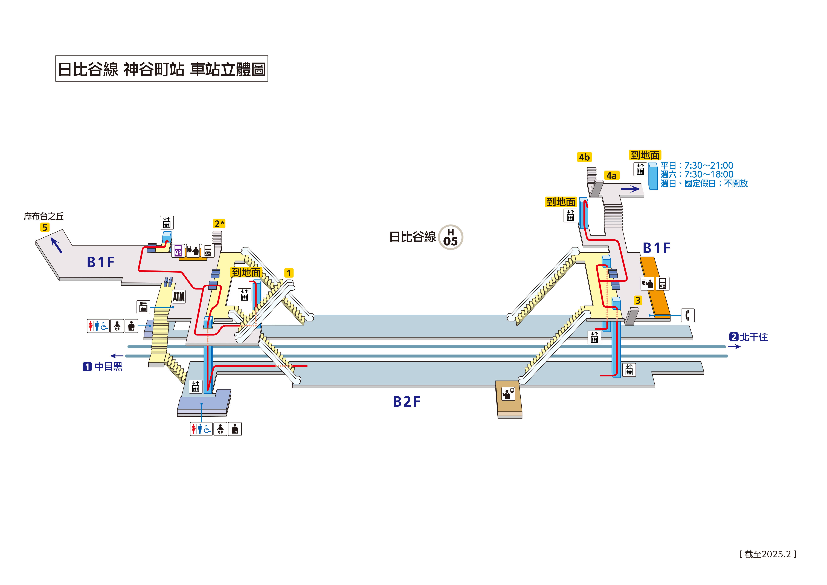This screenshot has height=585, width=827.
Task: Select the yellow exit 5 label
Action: tap(45, 227)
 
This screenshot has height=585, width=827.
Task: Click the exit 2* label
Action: tap(219, 224)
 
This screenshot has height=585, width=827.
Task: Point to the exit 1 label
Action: tap(289, 273)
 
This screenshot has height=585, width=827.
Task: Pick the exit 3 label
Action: tap(638, 300)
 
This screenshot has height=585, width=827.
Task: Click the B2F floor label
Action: tap(406, 402)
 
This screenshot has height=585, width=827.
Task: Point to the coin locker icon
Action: tap(143, 307)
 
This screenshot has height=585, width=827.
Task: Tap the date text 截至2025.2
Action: tap(768, 554)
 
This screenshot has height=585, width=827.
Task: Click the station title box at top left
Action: tap(162, 68)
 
